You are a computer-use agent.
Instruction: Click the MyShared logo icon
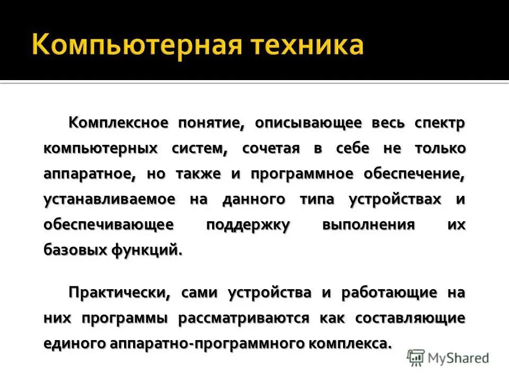(x=416, y=358)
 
